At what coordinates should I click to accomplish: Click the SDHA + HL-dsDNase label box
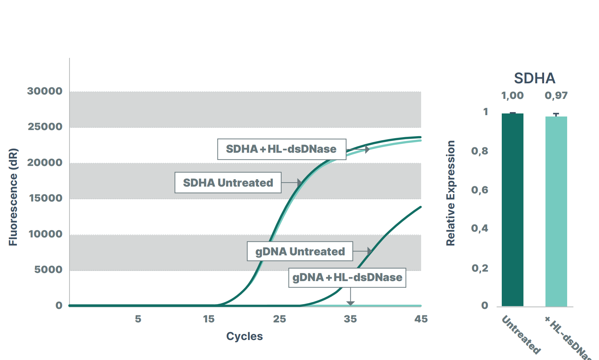pyautogui.click(x=282, y=149)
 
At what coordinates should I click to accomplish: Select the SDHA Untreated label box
pyautogui.click(x=228, y=183)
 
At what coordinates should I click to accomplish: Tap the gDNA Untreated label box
pyautogui.click(x=300, y=251)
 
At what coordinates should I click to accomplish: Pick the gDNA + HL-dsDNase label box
pyautogui.click(x=347, y=277)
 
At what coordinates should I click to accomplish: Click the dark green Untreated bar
pyautogui.click(x=512, y=210)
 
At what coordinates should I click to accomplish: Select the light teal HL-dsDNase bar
pyautogui.click(x=556, y=212)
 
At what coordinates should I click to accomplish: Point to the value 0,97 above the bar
pyautogui.click(x=556, y=96)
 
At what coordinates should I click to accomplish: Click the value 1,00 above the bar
pyautogui.click(x=512, y=96)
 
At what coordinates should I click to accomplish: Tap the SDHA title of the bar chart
pyautogui.click(x=534, y=78)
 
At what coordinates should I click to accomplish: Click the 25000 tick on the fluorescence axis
pyautogui.click(x=45, y=127)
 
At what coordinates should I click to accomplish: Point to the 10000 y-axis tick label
pyautogui.click(x=45, y=234)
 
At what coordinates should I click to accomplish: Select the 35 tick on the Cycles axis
pyautogui.click(x=350, y=319)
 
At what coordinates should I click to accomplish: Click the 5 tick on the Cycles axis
pyautogui.click(x=138, y=319)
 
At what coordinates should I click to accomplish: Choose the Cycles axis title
pyautogui.click(x=244, y=336)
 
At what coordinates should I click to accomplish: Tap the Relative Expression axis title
pyautogui.click(x=450, y=193)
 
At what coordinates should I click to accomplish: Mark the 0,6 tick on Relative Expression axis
pyautogui.click(x=479, y=190)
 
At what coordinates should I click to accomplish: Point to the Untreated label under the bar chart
pyautogui.click(x=521, y=335)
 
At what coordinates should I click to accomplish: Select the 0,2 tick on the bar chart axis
pyautogui.click(x=480, y=268)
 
